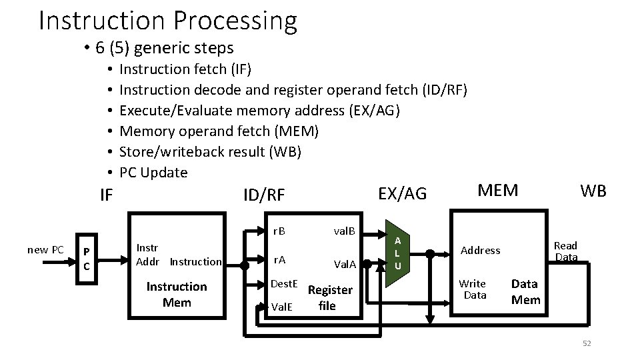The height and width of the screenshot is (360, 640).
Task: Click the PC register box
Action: [x=87, y=259]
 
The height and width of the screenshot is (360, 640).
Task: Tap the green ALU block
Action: [x=397, y=253]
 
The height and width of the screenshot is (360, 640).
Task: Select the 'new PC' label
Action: [x=46, y=250]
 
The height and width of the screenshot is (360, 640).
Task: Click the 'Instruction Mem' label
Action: [x=177, y=294]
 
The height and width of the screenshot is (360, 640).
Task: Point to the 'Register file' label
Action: [x=330, y=297]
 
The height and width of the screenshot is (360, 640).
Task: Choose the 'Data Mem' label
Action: [x=526, y=291]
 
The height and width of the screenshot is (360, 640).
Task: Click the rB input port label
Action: [x=279, y=231]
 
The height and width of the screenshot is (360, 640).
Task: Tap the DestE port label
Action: [x=284, y=284]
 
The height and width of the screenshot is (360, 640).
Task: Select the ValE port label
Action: [x=282, y=307]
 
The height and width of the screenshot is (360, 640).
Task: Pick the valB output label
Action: [x=345, y=231]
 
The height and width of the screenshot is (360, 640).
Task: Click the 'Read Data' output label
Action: [x=566, y=251]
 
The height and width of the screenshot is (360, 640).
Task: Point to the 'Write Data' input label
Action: [x=473, y=289]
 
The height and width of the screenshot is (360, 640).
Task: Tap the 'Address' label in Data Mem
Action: [x=481, y=250]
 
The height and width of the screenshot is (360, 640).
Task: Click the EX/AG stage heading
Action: [x=403, y=194]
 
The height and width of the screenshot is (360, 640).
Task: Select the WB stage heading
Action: [x=593, y=191]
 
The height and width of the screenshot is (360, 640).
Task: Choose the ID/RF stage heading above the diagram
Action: [x=264, y=195]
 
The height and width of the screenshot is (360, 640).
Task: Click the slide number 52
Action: [x=587, y=344]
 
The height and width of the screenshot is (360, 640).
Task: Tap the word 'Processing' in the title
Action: [x=235, y=21]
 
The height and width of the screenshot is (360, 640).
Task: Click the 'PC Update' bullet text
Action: [x=153, y=173]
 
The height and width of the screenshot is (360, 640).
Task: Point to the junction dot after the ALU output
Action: [x=430, y=254]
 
